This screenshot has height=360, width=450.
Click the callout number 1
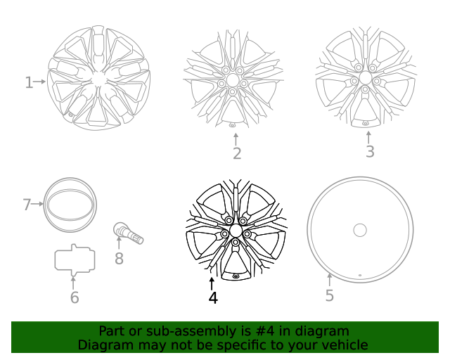29,83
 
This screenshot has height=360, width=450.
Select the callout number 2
237,153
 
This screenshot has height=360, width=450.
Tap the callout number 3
370,151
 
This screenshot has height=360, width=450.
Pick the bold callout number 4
213,298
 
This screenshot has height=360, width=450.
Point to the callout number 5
330,295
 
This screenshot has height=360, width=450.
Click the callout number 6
75,297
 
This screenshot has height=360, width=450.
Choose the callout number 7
27,205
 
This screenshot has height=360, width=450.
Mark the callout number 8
119,259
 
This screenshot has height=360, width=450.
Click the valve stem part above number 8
128,233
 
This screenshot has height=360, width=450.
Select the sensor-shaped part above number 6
75,259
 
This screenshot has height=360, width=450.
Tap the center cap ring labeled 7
70,205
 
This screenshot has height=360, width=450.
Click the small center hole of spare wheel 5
360,230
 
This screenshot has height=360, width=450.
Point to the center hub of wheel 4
235,231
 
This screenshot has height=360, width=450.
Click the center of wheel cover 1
99,79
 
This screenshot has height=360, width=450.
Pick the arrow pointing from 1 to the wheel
40,82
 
